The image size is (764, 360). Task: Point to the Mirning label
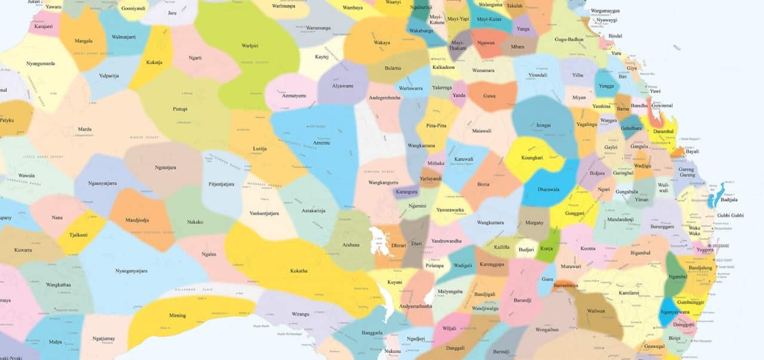[177, 315]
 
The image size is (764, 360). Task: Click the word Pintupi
[180, 109]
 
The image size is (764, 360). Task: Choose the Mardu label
[85, 129]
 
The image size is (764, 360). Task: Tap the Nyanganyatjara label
[131, 270]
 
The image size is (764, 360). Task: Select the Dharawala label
[548, 189]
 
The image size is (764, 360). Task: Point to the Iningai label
[543, 125]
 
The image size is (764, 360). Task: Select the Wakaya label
[382, 43]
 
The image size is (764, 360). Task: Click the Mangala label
[84, 41]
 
